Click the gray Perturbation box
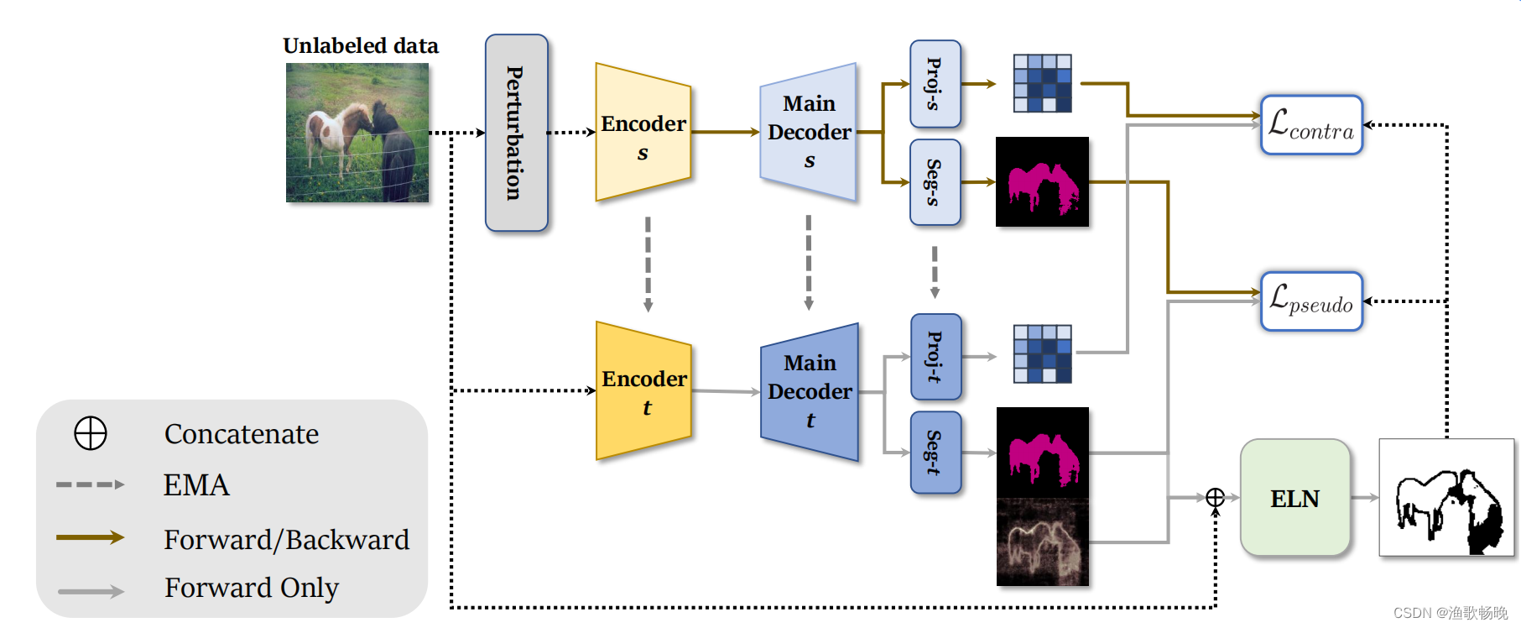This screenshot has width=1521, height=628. (x=516, y=133)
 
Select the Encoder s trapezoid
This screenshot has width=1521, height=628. (x=643, y=133)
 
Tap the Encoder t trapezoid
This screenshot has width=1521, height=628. (x=643, y=391)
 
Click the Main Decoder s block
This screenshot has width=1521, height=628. (x=808, y=132)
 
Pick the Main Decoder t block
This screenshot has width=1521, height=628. (x=809, y=391)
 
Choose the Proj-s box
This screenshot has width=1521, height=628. (x=935, y=84)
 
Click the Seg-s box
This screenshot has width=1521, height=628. (x=935, y=182)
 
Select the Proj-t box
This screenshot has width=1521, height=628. (x=935, y=357)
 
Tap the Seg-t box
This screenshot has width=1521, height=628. (x=935, y=453)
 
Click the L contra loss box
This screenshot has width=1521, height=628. (x=1311, y=125)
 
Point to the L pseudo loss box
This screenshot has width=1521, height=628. (x=1311, y=301)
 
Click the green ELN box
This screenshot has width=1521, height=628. (x=1294, y=498)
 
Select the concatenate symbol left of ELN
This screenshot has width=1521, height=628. (x=1215, y=498)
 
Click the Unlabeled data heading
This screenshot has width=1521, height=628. (x=361, y=45)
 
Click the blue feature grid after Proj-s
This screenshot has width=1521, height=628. (x=1042, y=83)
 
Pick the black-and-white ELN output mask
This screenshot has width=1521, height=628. (x=1446, y=498)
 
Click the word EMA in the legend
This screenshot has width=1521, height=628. (x=196, y=485)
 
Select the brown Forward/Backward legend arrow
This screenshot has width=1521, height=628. (x=90, y=537)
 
